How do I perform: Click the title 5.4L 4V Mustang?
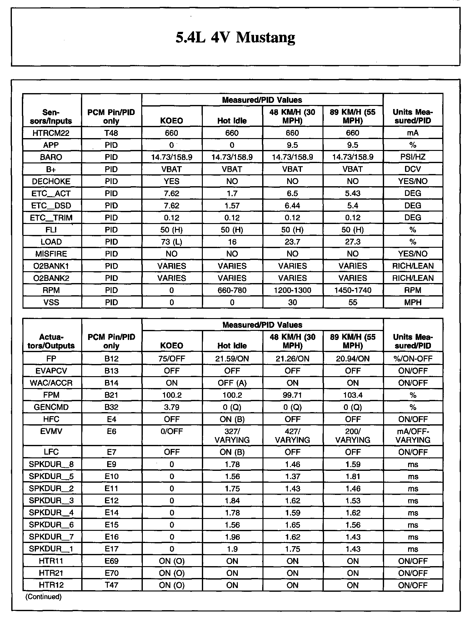(235, 37)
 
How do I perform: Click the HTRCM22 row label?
(51, 133)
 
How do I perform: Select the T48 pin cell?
(111, 133)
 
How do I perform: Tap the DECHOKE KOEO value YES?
(172, 181)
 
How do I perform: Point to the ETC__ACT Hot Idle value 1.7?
(232, 193)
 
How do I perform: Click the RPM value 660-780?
(232, 290)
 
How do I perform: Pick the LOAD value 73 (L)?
(172, 242)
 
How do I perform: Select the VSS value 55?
(352, 302)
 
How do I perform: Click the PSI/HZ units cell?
(412, 157)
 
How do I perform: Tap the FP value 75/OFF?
(172, 359)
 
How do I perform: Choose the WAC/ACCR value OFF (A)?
(232, 383)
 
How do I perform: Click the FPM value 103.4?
(352, 395)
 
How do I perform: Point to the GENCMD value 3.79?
(172, 407)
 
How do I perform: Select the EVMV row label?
(51, 431)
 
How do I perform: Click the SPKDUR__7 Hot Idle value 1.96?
(232, 537)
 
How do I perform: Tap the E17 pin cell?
(111, 549)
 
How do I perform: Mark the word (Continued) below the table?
(43, 597)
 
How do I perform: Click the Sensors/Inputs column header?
(51, 117)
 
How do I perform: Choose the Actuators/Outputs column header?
(51, 341)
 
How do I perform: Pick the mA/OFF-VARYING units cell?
(412, 436)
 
